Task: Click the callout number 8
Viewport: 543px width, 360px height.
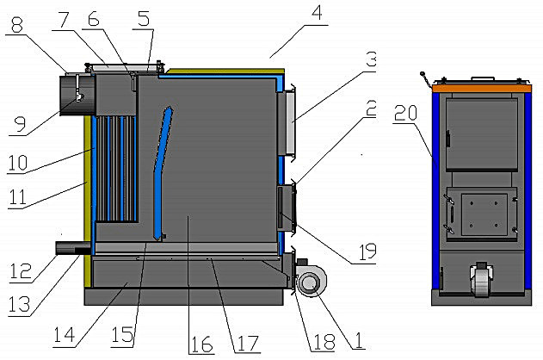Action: pos(17,25)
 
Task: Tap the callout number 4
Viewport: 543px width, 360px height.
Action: pos(317,12)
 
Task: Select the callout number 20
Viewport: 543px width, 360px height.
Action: pos(405,113)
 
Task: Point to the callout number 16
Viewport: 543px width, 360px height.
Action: pos(201,344)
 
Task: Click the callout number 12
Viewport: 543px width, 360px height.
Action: pos(21,271)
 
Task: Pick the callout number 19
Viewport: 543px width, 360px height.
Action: pos(367,251)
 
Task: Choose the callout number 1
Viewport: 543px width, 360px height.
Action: pos(358,340)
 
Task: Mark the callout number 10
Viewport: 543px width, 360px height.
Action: pos(17,163)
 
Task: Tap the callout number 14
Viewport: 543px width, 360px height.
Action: pos(64,334)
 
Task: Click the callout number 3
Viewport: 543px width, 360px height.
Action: pos(371,59)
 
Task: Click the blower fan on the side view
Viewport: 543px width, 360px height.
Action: pos(311,282)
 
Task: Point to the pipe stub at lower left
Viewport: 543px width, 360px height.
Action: pos(73,248)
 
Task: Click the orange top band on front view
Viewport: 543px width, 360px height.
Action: pos(481,89)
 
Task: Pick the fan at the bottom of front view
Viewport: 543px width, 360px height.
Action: pos(481,280)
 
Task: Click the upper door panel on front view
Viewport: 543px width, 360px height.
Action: pos(482,134)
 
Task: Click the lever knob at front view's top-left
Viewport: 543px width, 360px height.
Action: pos(423,74)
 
